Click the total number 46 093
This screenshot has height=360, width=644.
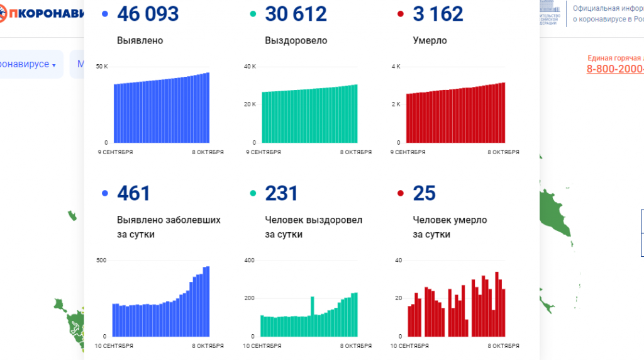click(147, 14)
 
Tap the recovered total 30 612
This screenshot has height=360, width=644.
click(296, 14)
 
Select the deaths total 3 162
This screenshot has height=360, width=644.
click(438, 14)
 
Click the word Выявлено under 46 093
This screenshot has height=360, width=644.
click(140, 40)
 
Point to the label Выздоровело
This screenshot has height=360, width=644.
click(296, 40)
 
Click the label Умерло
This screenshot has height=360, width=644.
click(430, 40)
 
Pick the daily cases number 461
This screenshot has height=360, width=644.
click(133, 193)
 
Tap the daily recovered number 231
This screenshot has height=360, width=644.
click(281, 193)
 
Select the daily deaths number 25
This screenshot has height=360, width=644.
click(424, 193)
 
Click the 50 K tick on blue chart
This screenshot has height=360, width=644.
click(102, 66)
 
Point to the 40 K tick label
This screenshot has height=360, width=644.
click(250, 66)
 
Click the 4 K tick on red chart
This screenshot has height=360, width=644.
click(396, 66)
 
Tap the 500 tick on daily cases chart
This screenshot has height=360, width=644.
click(101, 260)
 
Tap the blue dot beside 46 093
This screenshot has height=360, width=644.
click(104, 14)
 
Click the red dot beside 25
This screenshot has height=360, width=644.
click(400, 193)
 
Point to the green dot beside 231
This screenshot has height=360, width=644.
click(252, 193)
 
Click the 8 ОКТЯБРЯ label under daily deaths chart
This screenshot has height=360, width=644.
click(504, 346)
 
